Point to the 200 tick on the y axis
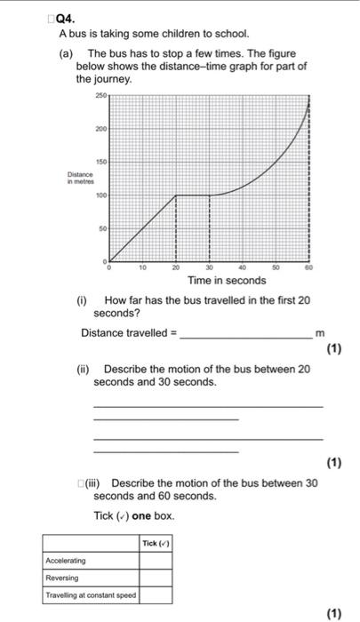100,129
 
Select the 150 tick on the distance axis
100,162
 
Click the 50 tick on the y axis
100,228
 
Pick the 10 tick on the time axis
142,267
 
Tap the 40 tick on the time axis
243,267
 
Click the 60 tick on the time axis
309,267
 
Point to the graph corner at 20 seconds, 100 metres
176,195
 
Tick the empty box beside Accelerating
155,560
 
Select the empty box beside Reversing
155,577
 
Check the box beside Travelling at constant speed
155,594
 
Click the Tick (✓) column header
155,543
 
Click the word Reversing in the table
61,577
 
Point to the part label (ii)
85,368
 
